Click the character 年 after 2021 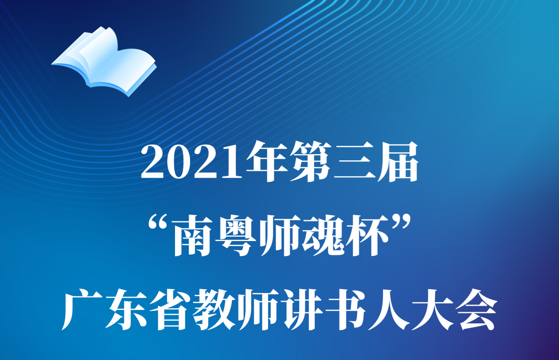(x=268, y=161)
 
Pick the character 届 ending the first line (x=398, y=161)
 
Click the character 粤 (x=237, y=236)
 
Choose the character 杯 (x=367, y=236)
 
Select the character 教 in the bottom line (x=214, y=310)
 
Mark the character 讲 (x=302, y=310)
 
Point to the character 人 (x=389, y=310)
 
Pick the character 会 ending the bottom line (x=477, y=310)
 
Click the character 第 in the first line (x=311, y=161)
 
